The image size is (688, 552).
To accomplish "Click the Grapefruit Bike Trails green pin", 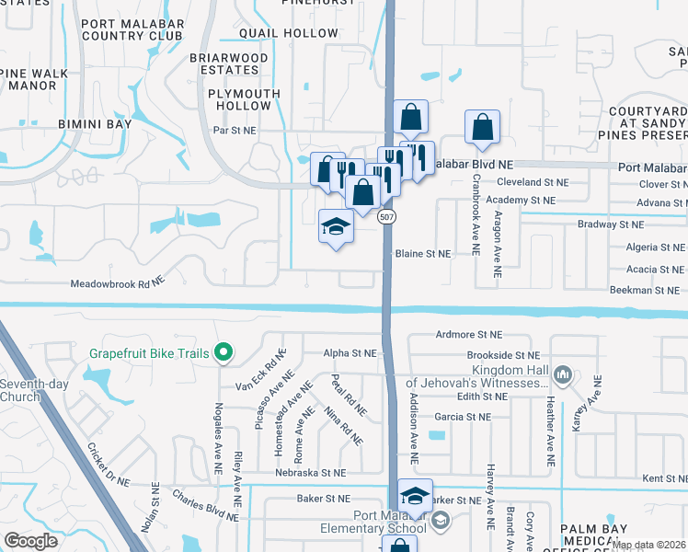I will click(x=222, y=351).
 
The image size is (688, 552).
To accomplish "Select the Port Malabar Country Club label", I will click(x=127, y=29).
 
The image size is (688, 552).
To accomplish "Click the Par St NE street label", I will click(x=233, y=131).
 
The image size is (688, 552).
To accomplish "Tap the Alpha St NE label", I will click(x=350, y=352).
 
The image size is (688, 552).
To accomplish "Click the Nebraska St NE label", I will click(x=312, y=472).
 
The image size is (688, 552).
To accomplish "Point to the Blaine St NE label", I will click(x=423, y=253).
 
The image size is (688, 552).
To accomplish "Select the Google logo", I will click(x=31, y=541).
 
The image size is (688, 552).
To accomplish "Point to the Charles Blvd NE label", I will click(x=203, y=506).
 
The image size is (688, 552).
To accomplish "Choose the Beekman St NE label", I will click(x=648, y=290).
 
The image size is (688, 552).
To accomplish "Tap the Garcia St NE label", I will click(x=465, y=417).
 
